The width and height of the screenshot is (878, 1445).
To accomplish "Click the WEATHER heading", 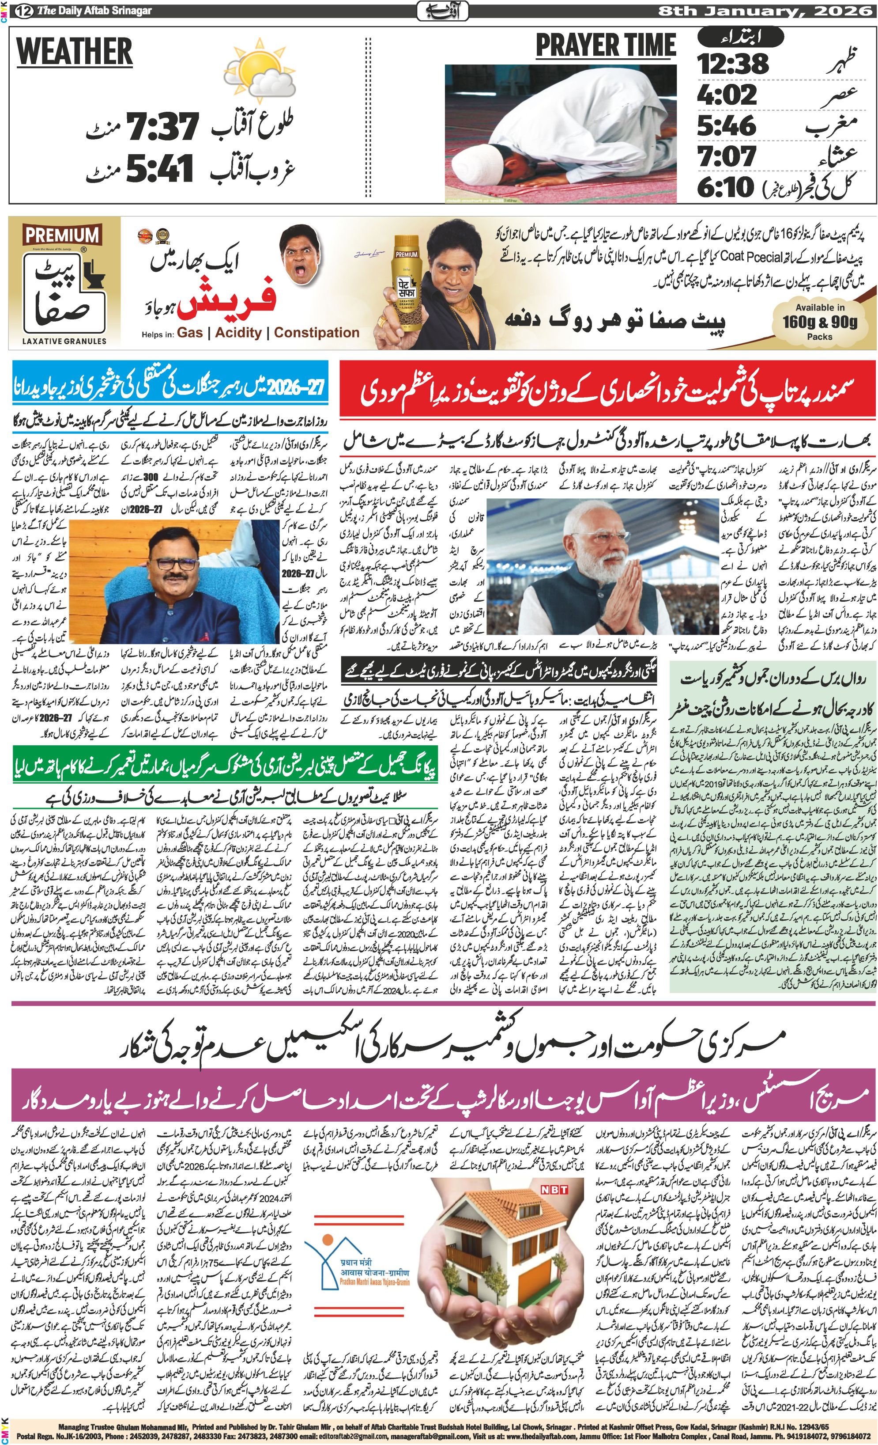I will tap(75, 52).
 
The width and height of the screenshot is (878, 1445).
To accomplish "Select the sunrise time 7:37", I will tap(163, 126).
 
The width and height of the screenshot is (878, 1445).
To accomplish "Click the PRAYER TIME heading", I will tap(606, 46).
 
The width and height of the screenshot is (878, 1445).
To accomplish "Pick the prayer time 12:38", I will tap(733, 63).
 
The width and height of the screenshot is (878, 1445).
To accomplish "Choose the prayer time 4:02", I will tap(727, 95).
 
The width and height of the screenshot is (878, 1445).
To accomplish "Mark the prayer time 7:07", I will tap(727, 156).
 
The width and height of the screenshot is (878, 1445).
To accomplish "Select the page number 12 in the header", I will tap(23, 11).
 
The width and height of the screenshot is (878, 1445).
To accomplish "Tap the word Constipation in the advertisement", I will tap(317, 333).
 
